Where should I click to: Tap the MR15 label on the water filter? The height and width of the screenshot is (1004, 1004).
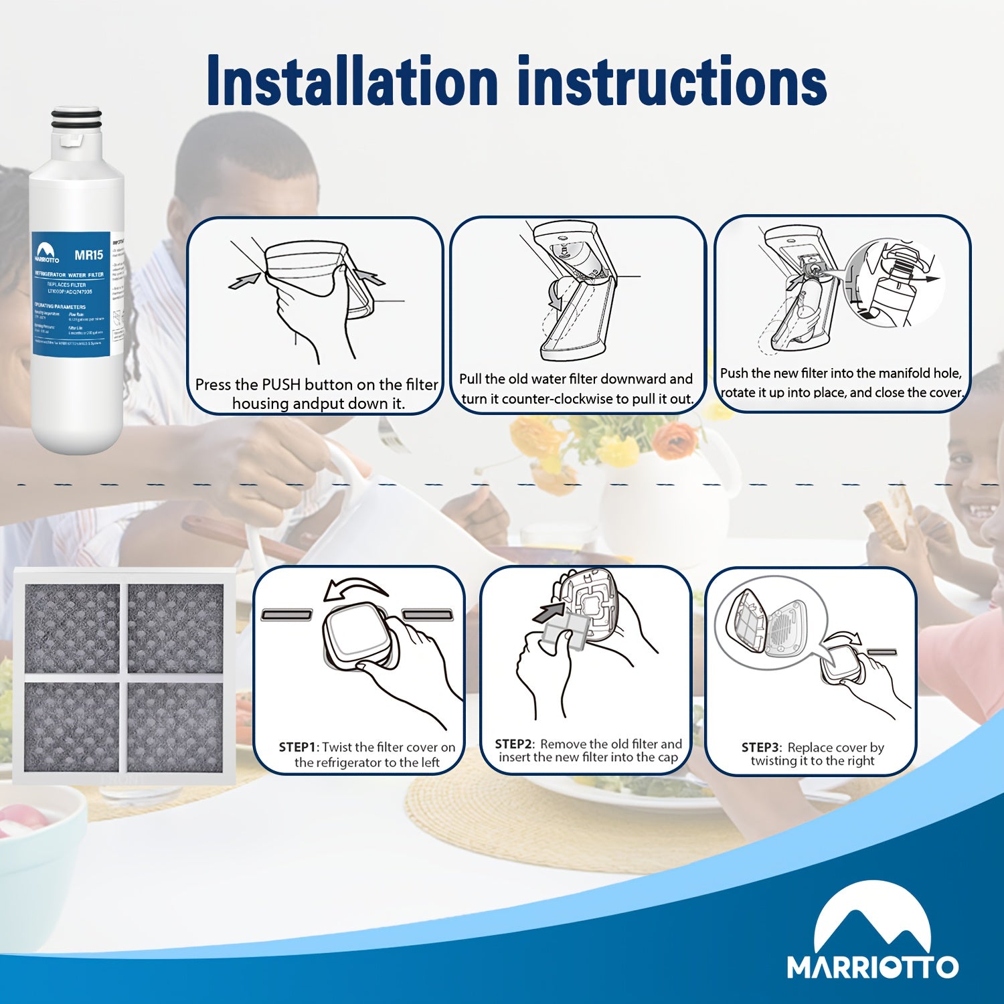pos(88,255)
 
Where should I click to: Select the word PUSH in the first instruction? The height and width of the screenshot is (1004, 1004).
pos(281,385)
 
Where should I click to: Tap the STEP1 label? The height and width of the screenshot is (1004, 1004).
pos(297,747)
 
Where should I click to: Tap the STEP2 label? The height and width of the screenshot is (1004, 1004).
pos(513,744)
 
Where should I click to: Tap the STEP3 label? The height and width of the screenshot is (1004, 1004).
pos(760,747)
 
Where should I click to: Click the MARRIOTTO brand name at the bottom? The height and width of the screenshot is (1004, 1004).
pos(872,967)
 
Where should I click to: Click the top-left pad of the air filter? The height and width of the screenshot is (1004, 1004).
pos(72,627)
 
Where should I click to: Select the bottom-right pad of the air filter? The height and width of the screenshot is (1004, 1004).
pos(175,726)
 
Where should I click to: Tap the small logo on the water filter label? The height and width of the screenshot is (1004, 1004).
pos(47,254)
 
